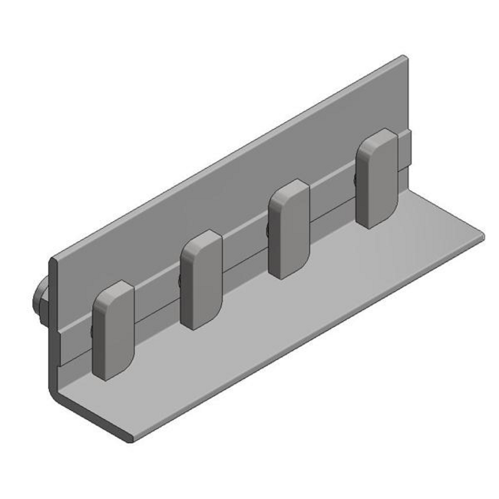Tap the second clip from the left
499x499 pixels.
(202, 280)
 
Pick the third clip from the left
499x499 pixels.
(289, 228)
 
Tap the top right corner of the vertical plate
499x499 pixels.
(405, 58)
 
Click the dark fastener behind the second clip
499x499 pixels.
(180, 281)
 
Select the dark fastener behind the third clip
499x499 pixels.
(266, 230)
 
